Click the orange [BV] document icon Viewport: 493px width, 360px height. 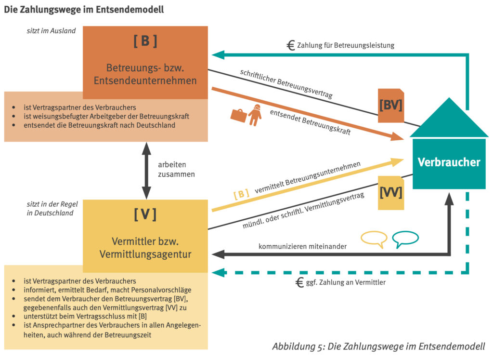pos(390,105)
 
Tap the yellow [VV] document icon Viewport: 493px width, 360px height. pos(390,193)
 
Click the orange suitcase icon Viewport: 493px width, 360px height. pos(239,114)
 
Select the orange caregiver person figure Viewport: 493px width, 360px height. pos(255,115)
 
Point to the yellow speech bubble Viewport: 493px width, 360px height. pos(374,239)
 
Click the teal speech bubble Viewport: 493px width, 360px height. pos(405,239)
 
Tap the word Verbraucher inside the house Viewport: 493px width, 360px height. pos(449,162)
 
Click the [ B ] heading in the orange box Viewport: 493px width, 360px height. pos(145,41)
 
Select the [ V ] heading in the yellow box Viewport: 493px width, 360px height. pos(145,214)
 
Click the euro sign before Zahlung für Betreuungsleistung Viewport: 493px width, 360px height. pos(291,45)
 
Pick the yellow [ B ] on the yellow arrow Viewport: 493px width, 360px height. pos(241,194)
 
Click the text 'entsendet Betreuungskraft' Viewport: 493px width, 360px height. pos(310,122)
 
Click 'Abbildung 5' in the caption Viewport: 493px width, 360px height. pos(298,347)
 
